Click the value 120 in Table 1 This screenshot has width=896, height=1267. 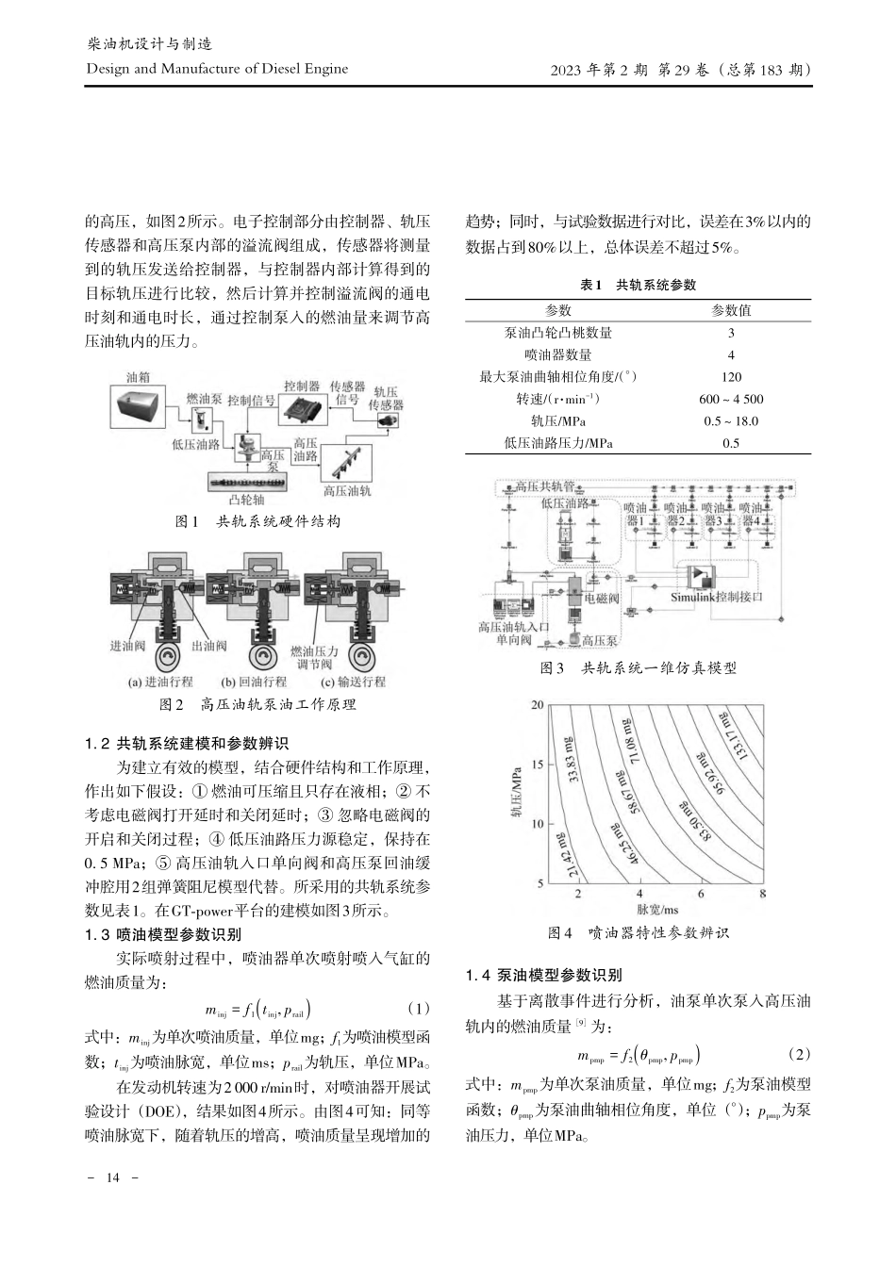pyautogui.click(x=731, y=377)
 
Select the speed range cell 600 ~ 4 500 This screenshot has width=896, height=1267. pyautogui.click(x=731, y=399)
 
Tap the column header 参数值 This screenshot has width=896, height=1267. pyautogui.click(x=731, y=310)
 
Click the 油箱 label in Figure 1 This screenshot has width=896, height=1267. pyautogui.click(x=140, y=377)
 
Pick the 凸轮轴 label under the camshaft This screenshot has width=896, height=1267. pyautogui.click(x=248, y=501)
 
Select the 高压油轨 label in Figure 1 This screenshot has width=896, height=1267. pyautogui.click(x=347, y=491)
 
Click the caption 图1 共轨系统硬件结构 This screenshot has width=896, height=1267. pyautogui.click(x=257, y=521)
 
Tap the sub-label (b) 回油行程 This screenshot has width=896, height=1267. pyautogui.click(x=254, y=682)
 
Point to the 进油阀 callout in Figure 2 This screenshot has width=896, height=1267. pyautogui.click(x=128, y=646)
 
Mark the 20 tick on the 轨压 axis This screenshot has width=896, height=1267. pyautogui.click(x=538, y=705)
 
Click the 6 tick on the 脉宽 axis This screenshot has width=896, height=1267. pyautogui.click(x=700, y=893)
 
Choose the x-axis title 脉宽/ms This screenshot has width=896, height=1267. pyautogui.click(x=657, y=910)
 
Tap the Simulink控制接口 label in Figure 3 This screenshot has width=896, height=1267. pyautogui.click(x=716, y=597)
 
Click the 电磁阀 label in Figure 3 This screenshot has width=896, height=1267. pyautogui.click(x=602, y=598)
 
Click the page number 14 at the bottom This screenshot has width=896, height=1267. pyautogui.click(x=112, y=1177)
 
